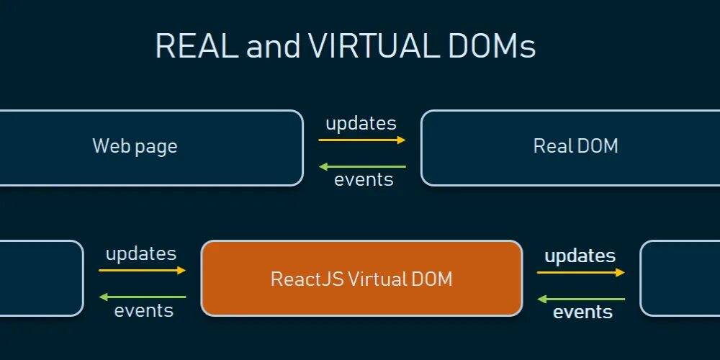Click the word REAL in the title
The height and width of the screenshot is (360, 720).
pos(197,47)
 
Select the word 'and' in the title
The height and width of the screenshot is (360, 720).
pos(273,47)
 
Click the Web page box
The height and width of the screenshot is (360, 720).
pos(144,147)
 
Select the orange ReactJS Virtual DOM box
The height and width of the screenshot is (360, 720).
pos(361,279)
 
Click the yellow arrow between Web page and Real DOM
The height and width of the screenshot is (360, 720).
pos(362,140)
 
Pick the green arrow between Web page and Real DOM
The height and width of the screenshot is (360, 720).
pos(362,166)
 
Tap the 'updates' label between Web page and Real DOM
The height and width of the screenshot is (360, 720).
pos(361,123)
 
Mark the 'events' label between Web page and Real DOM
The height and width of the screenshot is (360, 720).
pos(364,179)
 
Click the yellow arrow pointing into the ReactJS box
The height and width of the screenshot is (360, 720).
pos(143,270)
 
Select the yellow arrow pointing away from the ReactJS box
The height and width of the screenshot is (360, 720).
pos(580,272)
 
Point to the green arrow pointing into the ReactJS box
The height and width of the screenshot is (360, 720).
pos(580,299)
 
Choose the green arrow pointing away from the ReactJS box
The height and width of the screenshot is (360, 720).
pos(143,297)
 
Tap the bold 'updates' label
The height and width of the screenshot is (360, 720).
pos(580,256)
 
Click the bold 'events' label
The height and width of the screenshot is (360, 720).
pos(582,312)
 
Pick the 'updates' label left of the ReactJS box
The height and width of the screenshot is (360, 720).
pos(141,253)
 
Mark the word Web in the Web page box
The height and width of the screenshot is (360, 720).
pos(108,146)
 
